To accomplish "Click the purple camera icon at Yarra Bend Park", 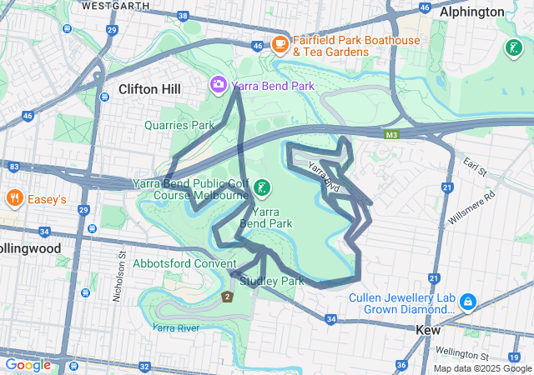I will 218,84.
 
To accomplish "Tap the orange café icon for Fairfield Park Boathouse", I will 280,43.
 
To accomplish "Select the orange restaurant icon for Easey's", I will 14,198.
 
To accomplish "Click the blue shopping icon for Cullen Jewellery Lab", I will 468,300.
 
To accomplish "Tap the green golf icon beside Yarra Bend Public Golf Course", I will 263,188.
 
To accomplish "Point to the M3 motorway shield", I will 391,133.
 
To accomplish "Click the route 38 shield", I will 183,17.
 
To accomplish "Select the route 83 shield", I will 13,167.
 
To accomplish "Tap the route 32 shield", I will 144,366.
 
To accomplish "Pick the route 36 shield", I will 400,365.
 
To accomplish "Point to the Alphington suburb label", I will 496,12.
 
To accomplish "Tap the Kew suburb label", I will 434,330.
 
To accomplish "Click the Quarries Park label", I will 179,125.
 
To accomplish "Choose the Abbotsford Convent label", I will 185,263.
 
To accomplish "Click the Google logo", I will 28,364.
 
